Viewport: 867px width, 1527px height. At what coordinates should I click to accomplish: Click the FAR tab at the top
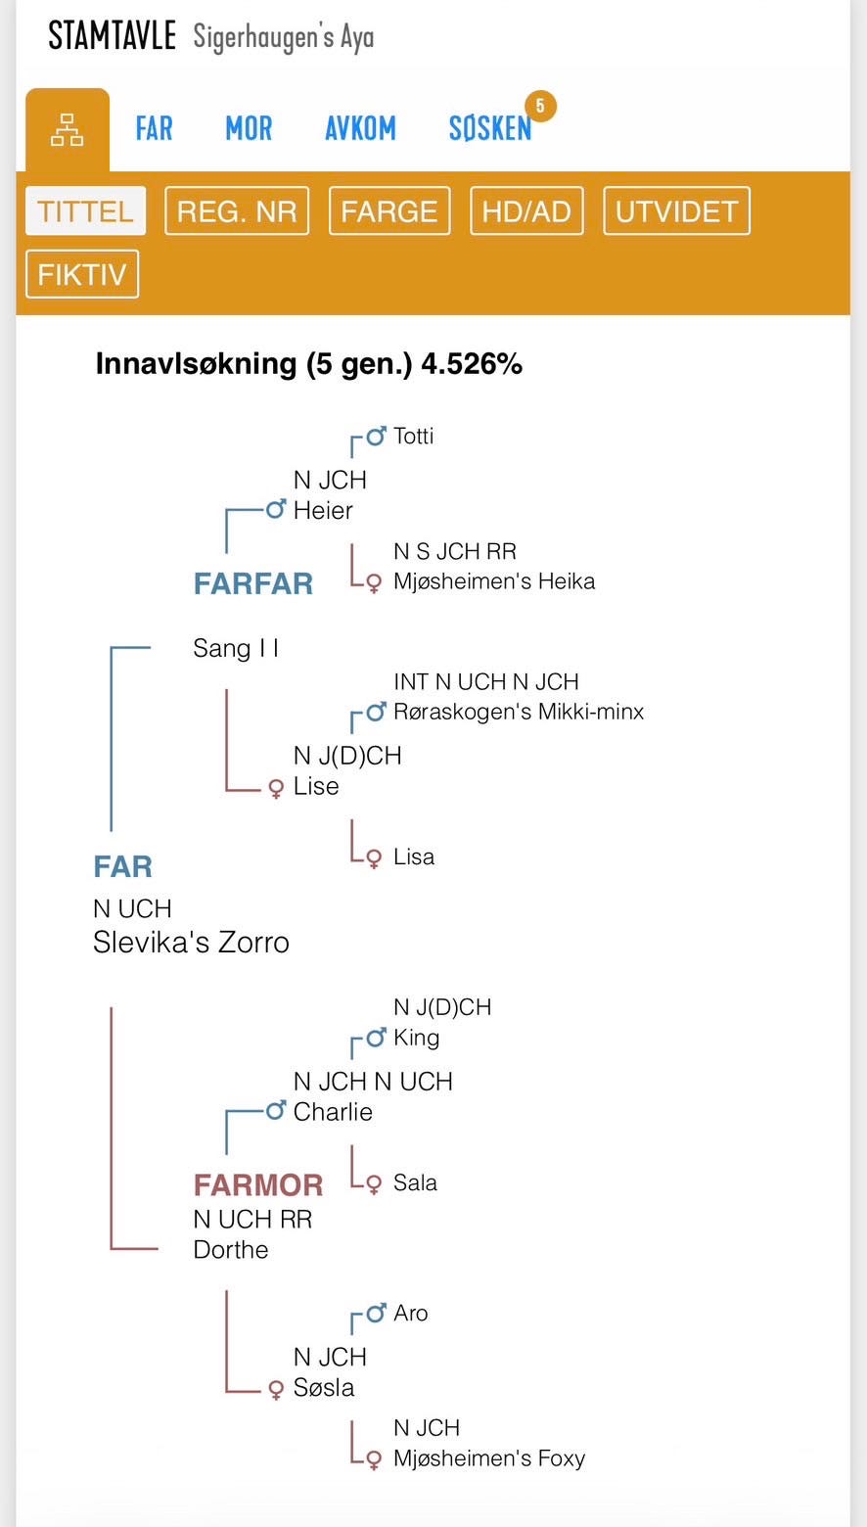click(x=154, y=129)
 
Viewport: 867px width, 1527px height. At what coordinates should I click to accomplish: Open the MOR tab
click(x=249, y=129)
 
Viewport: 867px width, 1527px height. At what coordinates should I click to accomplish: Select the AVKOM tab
click(x=360, y=129)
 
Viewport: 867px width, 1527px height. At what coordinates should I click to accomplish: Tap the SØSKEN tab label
click(x=489, y=129)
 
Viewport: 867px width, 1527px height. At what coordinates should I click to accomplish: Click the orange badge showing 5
click(x=540, y=106)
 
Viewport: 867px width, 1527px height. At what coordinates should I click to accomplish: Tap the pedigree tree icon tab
click(x=67, y=130)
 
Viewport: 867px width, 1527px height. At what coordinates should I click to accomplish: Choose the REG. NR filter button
click(x=237, y=211)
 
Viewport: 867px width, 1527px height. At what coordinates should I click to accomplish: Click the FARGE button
click(x=389, y=211)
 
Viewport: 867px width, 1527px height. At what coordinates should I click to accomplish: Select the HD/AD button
click(x=526, y=211)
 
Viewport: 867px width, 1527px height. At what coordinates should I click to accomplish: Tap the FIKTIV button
click(x=82, y=274)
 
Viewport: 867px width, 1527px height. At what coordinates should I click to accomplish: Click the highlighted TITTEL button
click(x=85, y=211)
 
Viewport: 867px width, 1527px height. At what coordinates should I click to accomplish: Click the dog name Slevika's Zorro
click(x=191, y=943)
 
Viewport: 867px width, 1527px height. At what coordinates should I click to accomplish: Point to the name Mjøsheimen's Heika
click(x=494, y=581)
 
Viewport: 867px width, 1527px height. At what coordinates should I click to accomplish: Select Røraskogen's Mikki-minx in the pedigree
click(x=519, y=712)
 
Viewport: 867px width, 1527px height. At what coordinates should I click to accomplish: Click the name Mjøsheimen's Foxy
click(x=489, y=1458)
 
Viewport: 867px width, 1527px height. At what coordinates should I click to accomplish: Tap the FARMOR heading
click(x=258, y=1185)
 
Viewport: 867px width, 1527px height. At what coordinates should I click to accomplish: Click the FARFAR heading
click(x=253, y=584)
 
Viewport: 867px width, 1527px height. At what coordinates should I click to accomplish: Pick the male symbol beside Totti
click(x=376, y=437)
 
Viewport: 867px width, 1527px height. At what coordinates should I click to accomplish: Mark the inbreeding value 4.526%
click(x=472, y=364)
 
